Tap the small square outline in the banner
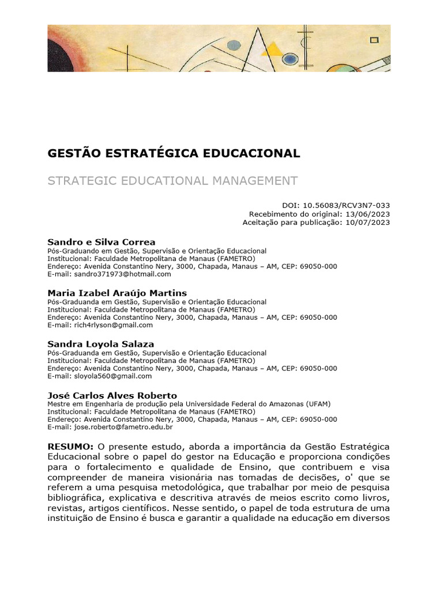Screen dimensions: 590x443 [374, 40]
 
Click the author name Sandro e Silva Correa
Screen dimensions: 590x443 [102, 242]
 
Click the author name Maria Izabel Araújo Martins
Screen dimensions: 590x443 [117, 293]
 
